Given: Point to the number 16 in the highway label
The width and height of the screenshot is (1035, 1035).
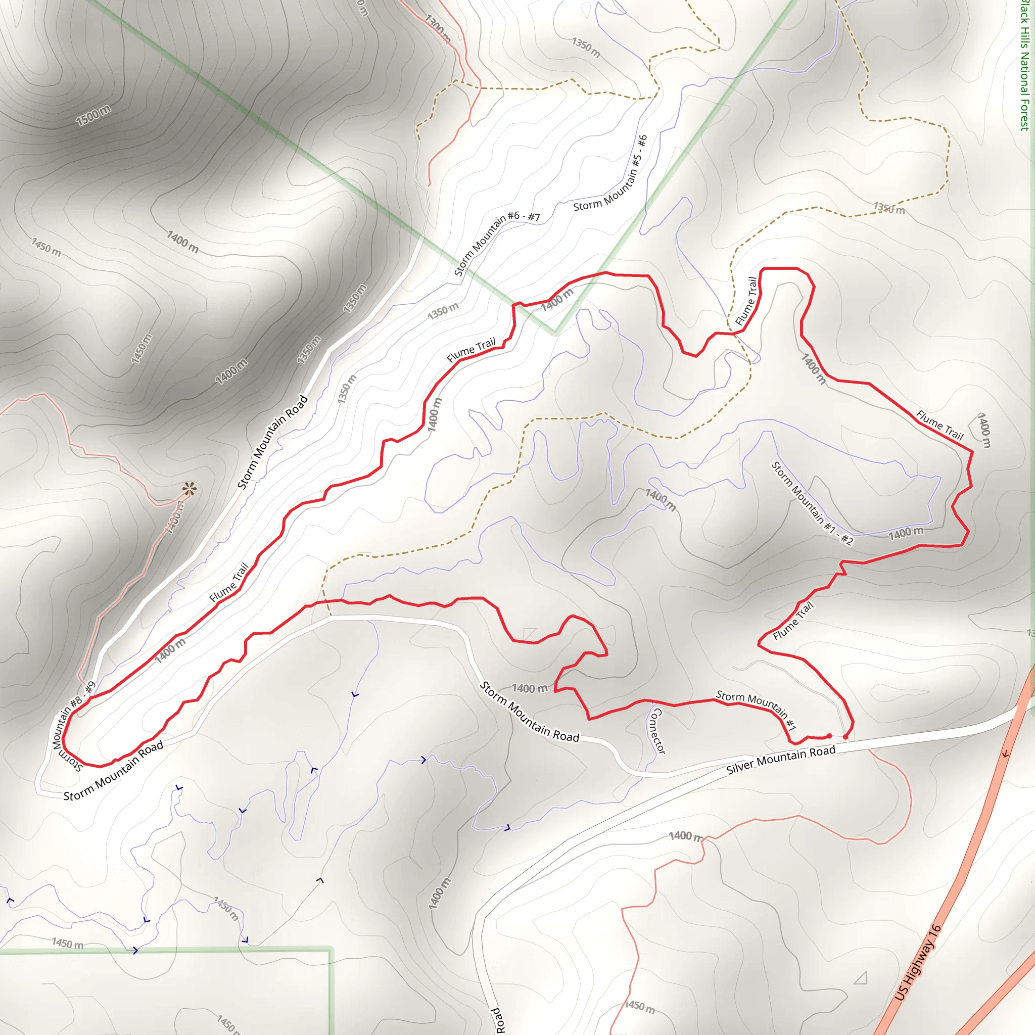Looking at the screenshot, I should tap(936, 930).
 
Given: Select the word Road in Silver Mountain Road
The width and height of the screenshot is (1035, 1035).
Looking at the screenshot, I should tap(823, 751).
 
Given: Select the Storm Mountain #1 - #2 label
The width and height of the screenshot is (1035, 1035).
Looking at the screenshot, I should tap(812, 503).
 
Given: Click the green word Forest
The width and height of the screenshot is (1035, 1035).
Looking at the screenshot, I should tap(1024, 114).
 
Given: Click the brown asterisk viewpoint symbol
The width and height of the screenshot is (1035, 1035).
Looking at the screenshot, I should tap(189, 489).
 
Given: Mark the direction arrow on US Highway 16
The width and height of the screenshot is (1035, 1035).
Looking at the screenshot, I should tap(1006, 754).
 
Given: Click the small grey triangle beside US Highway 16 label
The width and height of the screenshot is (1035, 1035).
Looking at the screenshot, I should tap(861, 978).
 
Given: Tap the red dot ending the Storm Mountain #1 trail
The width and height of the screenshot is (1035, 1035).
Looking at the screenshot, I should tap(829, 736).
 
